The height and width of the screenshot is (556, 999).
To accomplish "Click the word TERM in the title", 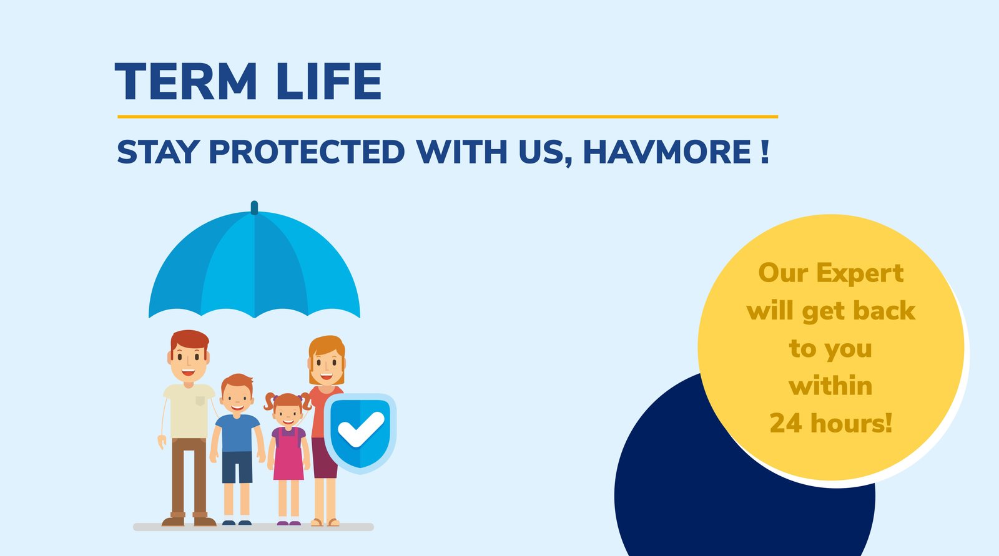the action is coord(186,81).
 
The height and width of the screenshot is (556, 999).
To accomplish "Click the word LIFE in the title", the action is coord(329,81).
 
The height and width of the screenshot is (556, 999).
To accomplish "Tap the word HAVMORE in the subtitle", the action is coord(667,152).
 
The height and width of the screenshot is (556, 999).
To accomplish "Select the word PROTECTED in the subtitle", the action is coord(307,152).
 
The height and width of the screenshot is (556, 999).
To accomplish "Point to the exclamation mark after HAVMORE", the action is coord(765,152).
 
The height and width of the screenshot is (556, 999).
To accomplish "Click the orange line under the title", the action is coord(448,117).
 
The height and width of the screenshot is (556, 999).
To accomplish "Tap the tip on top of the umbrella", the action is coord(254,207).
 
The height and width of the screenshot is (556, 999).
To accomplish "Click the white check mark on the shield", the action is coord(361,429).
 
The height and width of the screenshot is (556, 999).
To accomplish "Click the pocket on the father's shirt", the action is coord(200,401).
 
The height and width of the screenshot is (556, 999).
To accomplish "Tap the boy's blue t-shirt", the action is coord(237,433).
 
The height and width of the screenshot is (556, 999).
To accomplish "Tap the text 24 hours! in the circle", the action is coord(831,422).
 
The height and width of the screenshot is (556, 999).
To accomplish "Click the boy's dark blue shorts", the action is coord(237,467).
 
